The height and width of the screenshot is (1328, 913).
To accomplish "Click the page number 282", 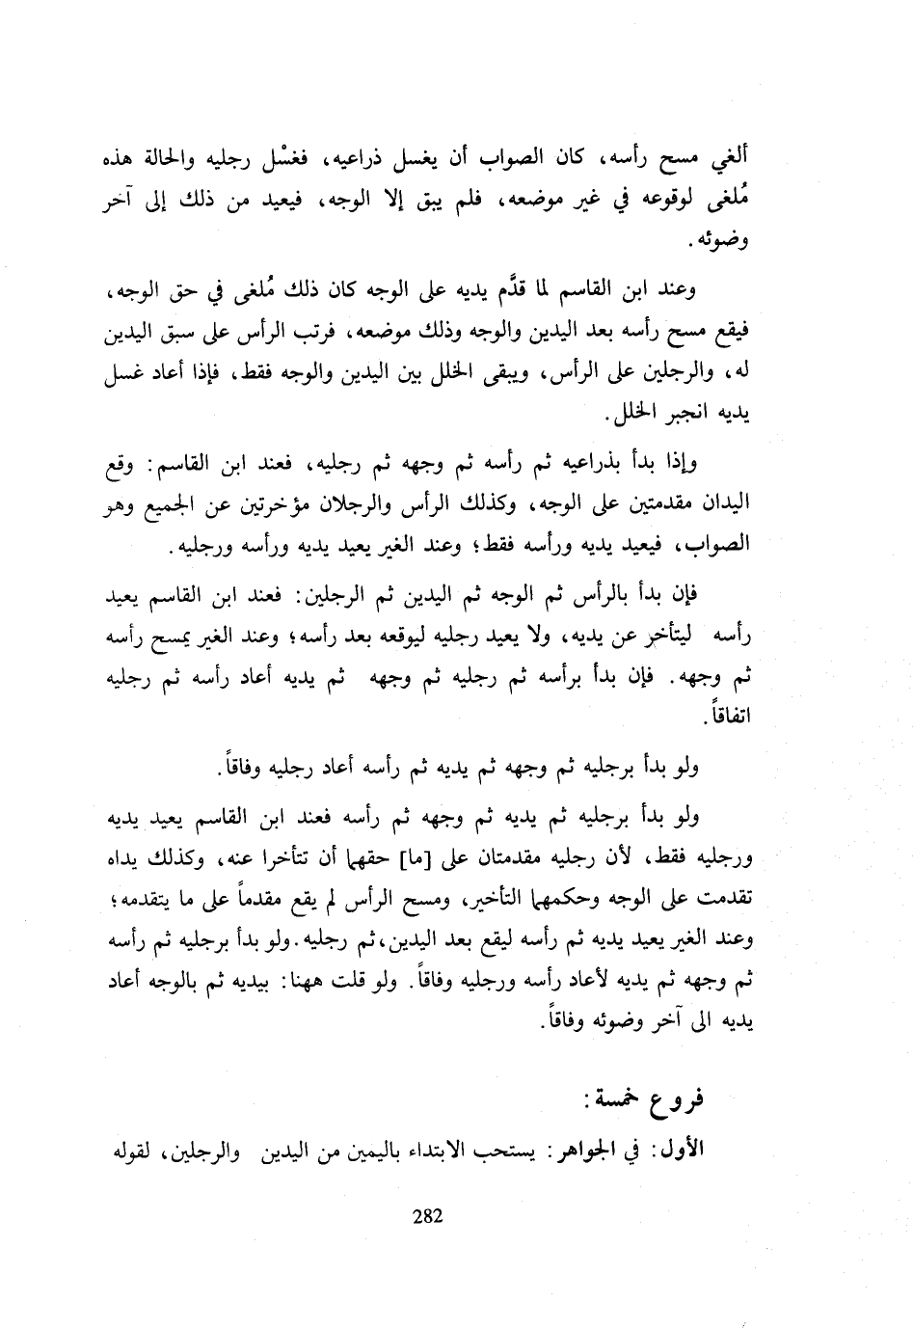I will (426, 1216).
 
